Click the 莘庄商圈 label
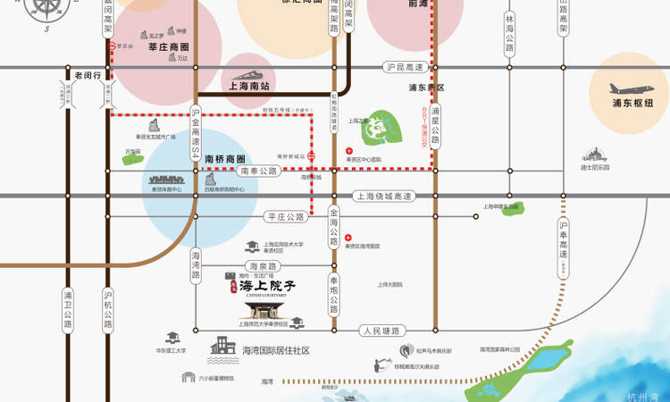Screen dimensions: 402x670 [x=168, y=46]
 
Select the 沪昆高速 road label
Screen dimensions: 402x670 [x=403, y=67]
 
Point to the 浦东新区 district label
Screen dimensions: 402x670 [x=426, y=88]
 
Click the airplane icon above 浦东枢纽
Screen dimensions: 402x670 [x=631, y=88]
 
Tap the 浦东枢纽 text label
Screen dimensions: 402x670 [x=632, y=104]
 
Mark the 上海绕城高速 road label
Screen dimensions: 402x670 [x=383, y=196]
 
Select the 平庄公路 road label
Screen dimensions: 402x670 [x=286, y=216]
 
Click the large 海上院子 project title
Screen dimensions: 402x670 [x=266, y=286]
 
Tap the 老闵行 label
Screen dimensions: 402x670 [x=89, y=76]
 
